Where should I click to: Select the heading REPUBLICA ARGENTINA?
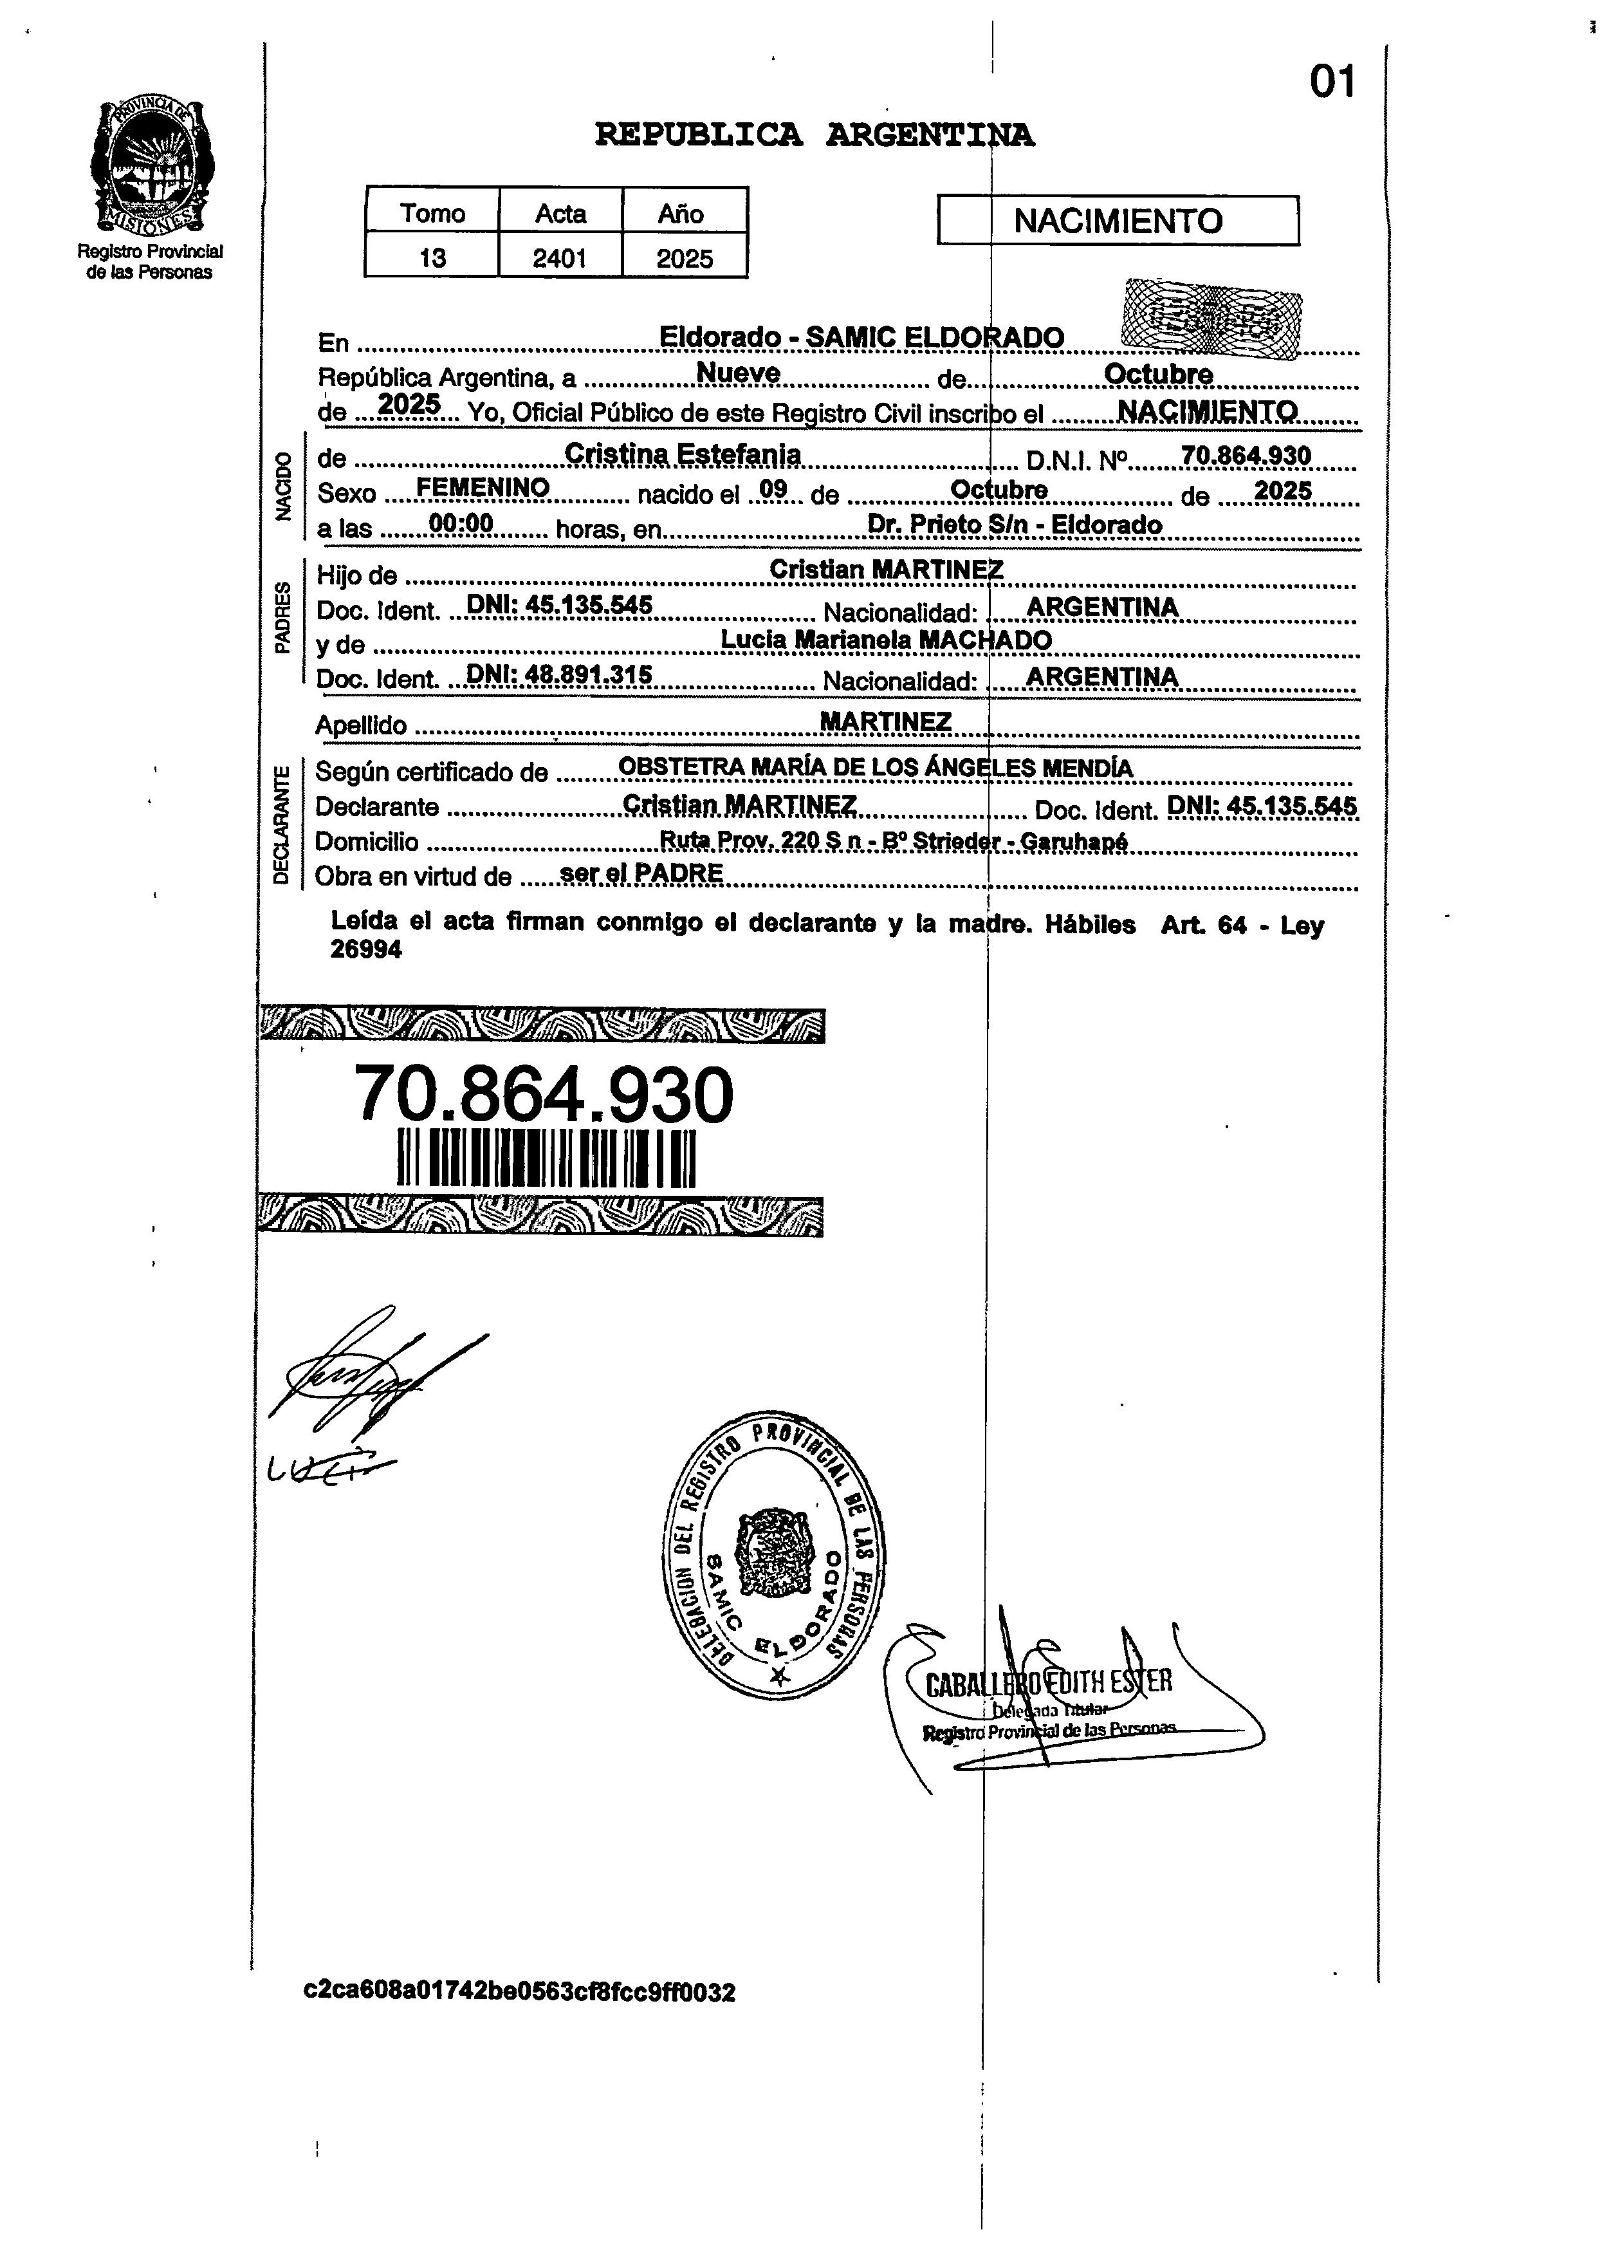point(813,134)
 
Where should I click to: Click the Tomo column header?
point(432,213)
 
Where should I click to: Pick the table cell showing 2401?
point(560,258)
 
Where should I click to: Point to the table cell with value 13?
point(432,258)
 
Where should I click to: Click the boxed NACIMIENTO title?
point(1118,220)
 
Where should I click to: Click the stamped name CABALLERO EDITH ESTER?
point(1049,1682)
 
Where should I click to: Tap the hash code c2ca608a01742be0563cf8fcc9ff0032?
point(520,1992)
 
